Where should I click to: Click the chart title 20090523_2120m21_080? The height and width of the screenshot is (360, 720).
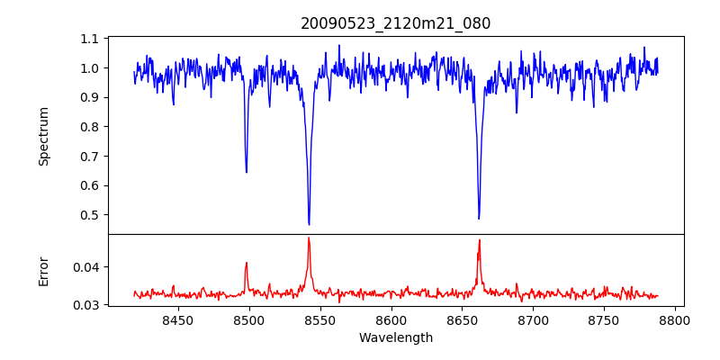tap(395, 23)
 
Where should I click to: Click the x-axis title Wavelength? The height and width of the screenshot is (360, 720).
tap(395, 337)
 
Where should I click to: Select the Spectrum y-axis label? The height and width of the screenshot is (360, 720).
tap(44, 136)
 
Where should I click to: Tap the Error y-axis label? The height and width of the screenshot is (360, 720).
tap(44, 269)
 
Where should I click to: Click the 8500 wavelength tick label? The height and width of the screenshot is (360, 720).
tap(248, 319)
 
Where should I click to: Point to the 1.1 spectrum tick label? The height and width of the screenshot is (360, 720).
tap(90, 39)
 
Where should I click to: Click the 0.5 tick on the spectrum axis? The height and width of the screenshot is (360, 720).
tap(90, 215)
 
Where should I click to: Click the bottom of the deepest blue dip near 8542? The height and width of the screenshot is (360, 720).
tap(309, 224)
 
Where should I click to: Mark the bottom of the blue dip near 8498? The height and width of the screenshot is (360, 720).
tap(246, 172)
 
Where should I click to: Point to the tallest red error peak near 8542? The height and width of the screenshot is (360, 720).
tap(309, 238)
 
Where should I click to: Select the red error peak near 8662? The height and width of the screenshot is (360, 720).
tap(479, 239)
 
